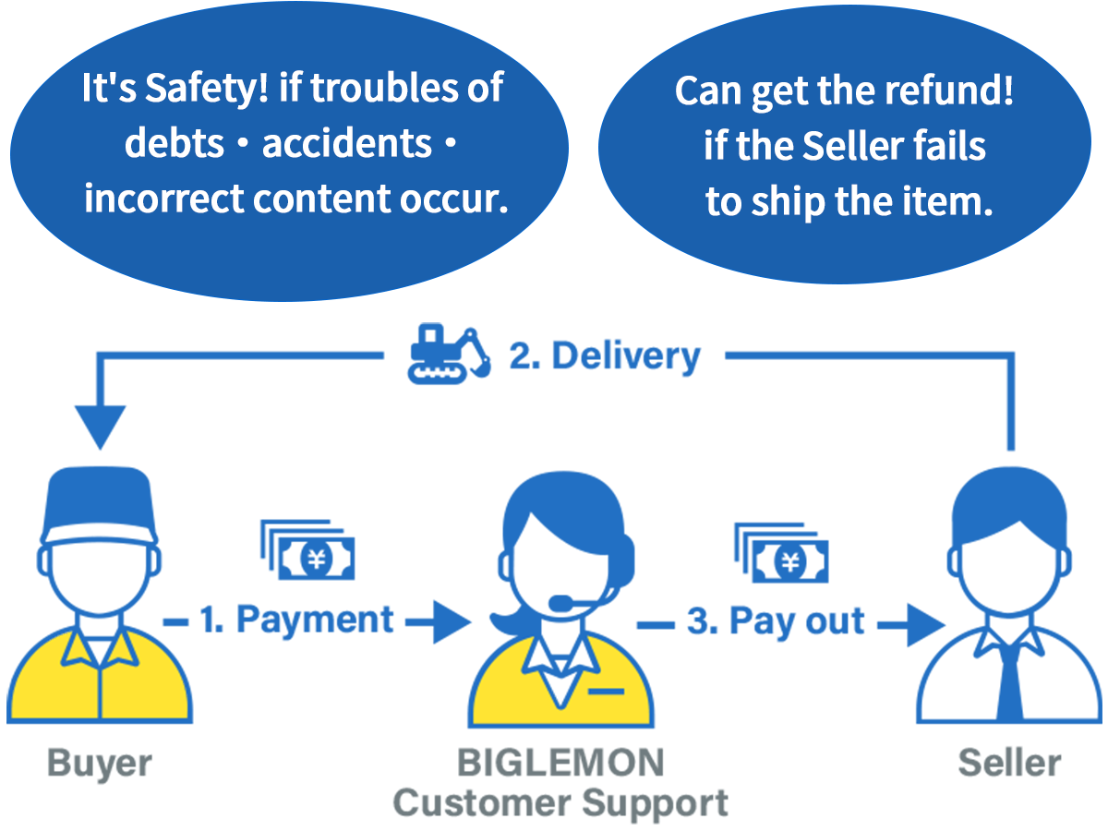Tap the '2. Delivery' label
(606, 356)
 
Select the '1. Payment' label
(297, 620)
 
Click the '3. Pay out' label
(776, 621)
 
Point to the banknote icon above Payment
(307, 550)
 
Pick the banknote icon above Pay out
(781, 552)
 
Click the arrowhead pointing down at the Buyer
(101, 428)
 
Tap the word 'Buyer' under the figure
(99, 764)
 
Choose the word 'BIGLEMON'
(560, 764)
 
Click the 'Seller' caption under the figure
(1009, 764)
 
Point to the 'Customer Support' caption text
(560, 802)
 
